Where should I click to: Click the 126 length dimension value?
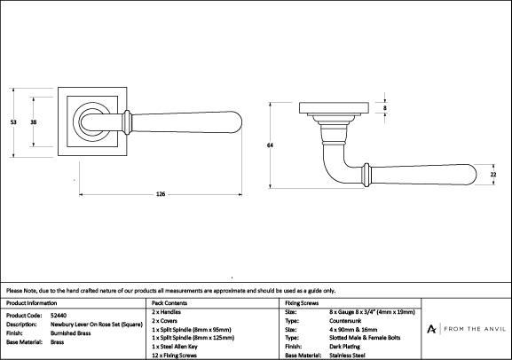pyautogui.click(x=161, y=194)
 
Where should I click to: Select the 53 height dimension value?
pyautogui.click(x=13, y=122)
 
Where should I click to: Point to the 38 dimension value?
pyautogui.click(x=34, y=122)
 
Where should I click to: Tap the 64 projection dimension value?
pyautogui.click(x=270, y=145)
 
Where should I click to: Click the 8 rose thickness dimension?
pyautogui.click(x=385, y=107)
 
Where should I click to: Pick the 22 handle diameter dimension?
pyautogui.click(x=493, y=175)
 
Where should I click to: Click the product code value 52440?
pyautogui.click(x=59, y=316)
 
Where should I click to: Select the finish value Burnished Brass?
pyautogui.click(x=70, y=333)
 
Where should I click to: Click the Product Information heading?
pyautogui.click(x=31, y=303)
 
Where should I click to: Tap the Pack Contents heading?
pyautogui.click(x=169, y=303)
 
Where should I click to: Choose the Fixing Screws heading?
pyautogui.click(x=302, y=303)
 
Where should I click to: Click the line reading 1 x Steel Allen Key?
pyautogui.click(x=175, y=347)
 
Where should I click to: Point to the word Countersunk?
pyautogui.click(x=345, y=321)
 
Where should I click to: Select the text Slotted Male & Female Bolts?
pyautogui.click(x=365, y=338)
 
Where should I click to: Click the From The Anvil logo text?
pyautogui.click(x=475, y=329)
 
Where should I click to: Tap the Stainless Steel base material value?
pyautogui.click(x=347, y=356)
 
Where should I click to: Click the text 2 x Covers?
pyautogui.click(x=164, y=321)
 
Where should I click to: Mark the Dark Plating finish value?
pyautogui.click(x=345, y=347)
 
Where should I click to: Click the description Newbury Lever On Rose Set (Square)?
pyautogui.click(x=97, y=325)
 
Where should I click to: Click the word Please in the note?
pyautogui.click(x=13, y=291)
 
